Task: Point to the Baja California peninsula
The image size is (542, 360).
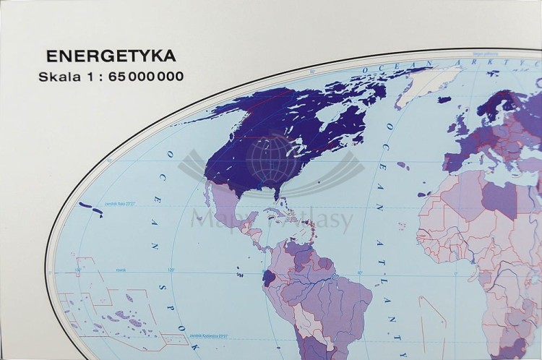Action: (x=210, y=192)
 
